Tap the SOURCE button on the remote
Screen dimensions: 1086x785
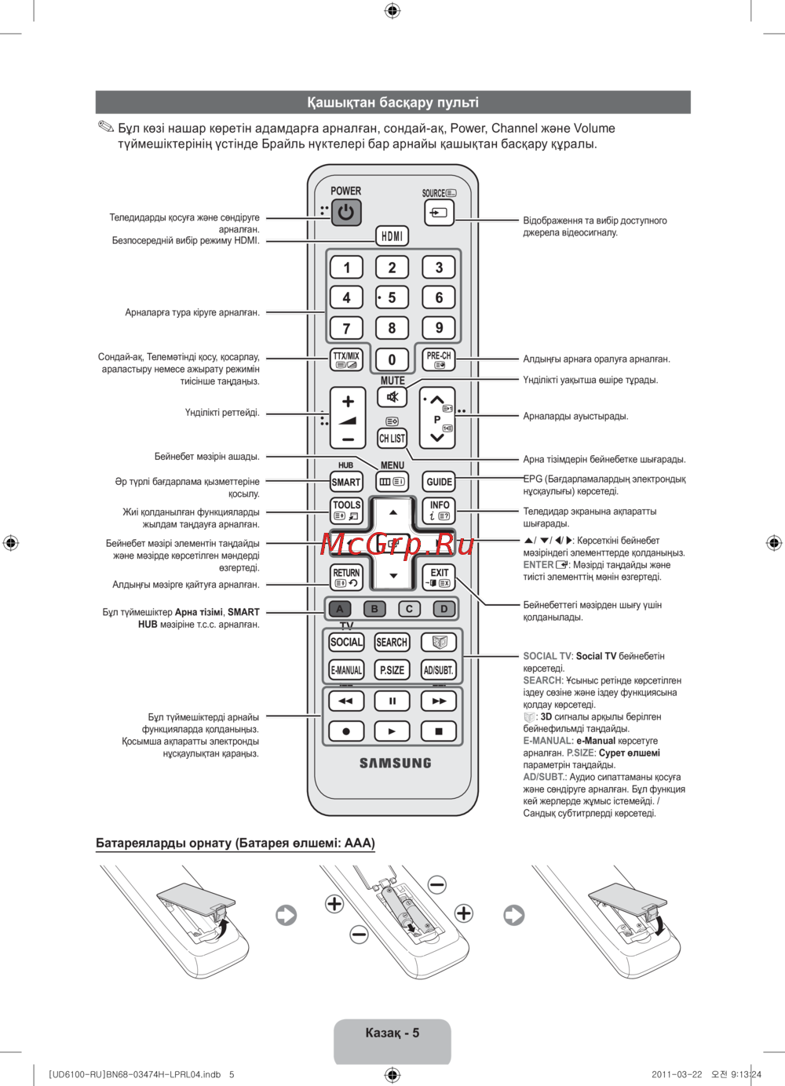pos(439,213)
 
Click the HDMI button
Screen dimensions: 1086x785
pos(392,236)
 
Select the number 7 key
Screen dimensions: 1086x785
pos(346,328)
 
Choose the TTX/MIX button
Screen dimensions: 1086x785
pos(346,359)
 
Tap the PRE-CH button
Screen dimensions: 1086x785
pos(439,359)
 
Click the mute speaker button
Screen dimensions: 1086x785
pos(392,397)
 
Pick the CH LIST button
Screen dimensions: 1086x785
pos(392,439)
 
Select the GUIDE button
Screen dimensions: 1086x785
pos(439,482)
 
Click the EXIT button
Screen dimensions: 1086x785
pos(439,577)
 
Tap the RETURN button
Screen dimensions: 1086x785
pos(346,577)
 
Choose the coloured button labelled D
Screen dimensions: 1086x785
pos(444,609)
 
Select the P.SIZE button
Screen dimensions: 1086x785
pos(392,670)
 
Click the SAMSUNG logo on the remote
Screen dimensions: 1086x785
pos(396,763)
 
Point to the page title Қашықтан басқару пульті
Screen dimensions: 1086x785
pos(392,103)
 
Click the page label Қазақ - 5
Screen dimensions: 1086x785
pos(392,1033)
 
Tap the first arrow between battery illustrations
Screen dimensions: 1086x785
pos(287,915)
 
